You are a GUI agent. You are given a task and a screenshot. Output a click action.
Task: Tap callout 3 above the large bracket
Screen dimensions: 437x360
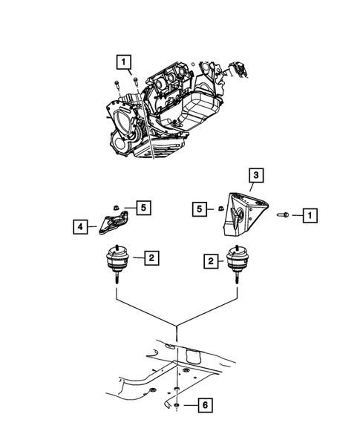click(x=255, y=176)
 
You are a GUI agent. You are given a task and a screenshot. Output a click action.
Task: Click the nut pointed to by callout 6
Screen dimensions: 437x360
click(x=180, y=405)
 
